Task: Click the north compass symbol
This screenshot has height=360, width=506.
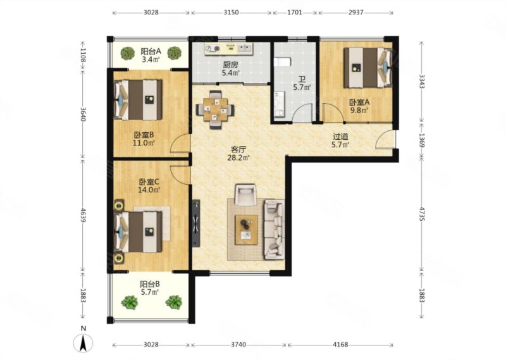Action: pos(83,343)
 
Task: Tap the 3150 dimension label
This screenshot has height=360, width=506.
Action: pos(231,13)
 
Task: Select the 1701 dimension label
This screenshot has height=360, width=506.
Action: pos(295,13)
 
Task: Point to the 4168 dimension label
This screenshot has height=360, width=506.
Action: pos(340,345)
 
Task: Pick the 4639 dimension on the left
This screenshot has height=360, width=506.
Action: pos(83,214)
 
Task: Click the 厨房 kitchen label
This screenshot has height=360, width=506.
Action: pos(230,65)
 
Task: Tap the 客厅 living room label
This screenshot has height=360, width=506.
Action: pos(239,149)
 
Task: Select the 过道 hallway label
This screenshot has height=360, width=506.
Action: pos(340,137)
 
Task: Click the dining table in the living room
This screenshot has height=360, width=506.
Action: pos(215,110)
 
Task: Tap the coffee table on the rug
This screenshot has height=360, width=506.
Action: pos(246,230)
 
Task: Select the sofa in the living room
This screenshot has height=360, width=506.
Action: pos(275,229)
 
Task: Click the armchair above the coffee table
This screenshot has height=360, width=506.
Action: pos(245,194)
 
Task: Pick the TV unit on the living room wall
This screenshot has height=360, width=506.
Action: pos(196,223)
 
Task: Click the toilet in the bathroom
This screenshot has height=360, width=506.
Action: pos(282,61)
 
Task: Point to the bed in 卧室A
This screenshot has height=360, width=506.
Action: pos(367,68)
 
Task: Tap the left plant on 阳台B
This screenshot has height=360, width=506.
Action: pos(130,302)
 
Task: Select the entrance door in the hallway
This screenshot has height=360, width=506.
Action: pos(385,139)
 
